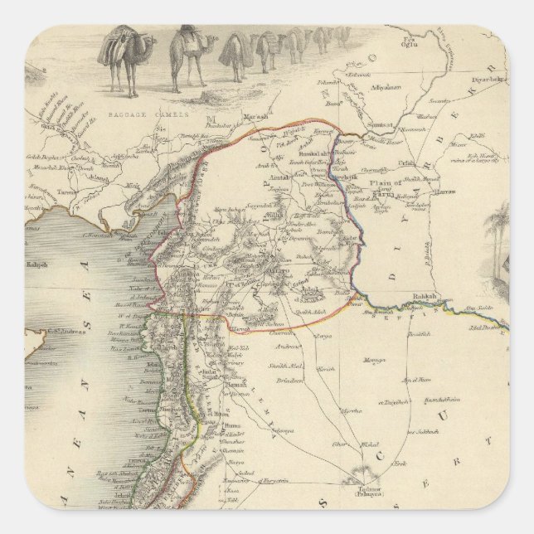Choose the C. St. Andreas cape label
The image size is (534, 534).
click(46, 333)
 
